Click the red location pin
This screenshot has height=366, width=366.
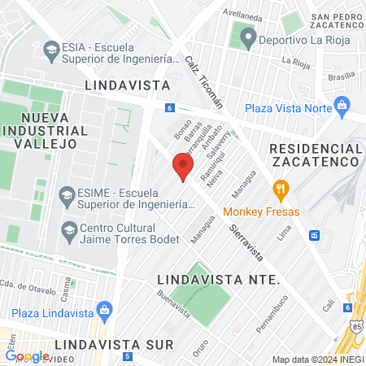[183, 167]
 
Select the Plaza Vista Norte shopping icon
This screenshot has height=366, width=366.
[342, 105]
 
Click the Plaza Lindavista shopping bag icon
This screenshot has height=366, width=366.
[104, 309]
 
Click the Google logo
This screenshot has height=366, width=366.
[26, 355]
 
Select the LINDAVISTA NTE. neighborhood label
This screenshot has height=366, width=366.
[217, 279]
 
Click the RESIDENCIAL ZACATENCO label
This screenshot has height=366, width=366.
[315, 155]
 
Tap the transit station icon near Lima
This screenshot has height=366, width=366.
[315, 236]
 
